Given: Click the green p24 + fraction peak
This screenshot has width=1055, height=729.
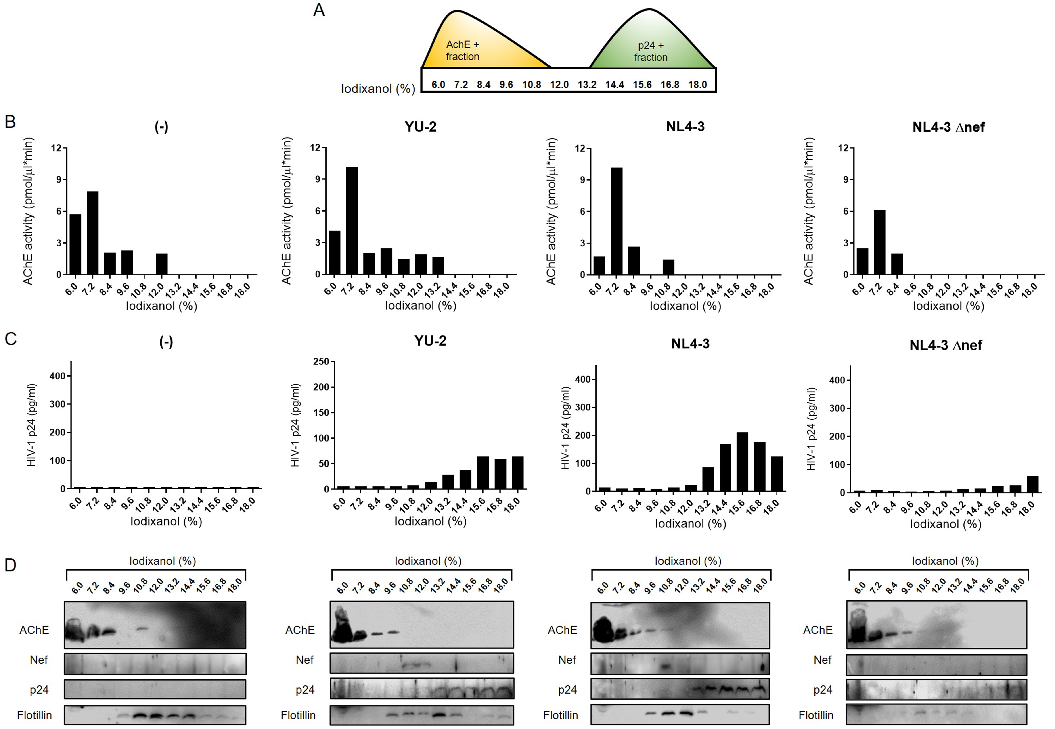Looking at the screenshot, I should click(651, 46).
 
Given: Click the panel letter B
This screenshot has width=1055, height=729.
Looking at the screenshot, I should click(10, 121).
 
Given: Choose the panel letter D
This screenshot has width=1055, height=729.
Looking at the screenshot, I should click(10, 565).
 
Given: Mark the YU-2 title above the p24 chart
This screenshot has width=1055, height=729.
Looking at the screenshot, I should click(430, 341).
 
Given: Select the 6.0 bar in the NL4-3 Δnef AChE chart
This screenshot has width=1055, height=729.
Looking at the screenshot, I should click(862, 261).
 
